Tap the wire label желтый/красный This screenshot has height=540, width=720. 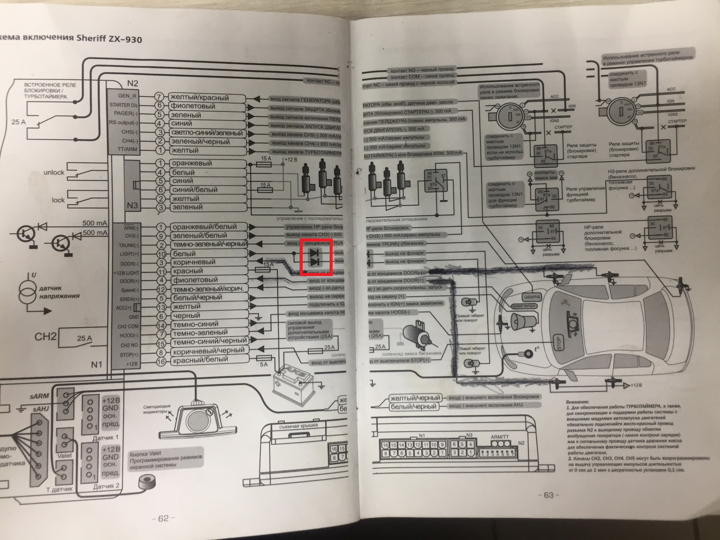coord(199,97)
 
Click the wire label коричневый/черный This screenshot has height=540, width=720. coord(208,351)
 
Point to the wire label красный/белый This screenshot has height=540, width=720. coord(200,359)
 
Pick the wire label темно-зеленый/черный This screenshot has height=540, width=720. coord(209,244)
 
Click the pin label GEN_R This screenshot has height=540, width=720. coord(127,96)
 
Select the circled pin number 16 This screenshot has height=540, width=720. coord(161,361)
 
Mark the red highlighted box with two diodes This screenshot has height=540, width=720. coord(316,258)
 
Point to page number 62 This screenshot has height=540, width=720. coord(163,518)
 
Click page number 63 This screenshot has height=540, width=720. coord(548,495)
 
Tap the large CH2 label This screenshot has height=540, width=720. coord(45,336)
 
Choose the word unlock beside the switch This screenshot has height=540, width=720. coord(54,172)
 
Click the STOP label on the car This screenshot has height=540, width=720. coord(558,342)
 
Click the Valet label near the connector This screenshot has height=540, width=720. coord(64,455)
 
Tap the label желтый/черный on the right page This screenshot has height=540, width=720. coord(415,398)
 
